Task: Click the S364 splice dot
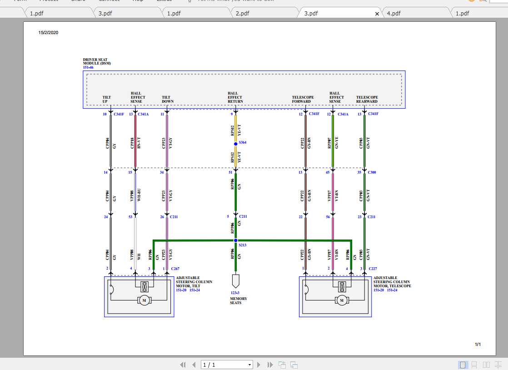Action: click(235, 144)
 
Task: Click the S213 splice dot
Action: click(235, 240)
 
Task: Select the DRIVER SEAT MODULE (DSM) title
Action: click(97, 61)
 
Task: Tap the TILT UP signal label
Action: click(107, 99)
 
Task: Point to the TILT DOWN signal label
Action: click(168, 99)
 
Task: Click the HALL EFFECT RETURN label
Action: click(235, 97)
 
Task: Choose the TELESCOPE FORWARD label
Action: click(303, 99)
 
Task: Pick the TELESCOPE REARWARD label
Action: click(367, 99)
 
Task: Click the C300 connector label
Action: click(372, 172)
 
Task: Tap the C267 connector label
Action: click(175, 269)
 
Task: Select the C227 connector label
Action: click(373, 269)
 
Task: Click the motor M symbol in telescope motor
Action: click(341, 300)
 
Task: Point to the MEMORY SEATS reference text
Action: click(239, 300)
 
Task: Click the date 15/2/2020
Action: click(48, 32)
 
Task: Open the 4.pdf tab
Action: click(393, 13)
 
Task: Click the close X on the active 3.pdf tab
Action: click(377, 14)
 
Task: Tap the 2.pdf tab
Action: click(242, 13)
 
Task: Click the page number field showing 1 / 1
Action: click(226, 365)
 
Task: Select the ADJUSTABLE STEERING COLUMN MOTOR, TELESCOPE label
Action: click(392, 282)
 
